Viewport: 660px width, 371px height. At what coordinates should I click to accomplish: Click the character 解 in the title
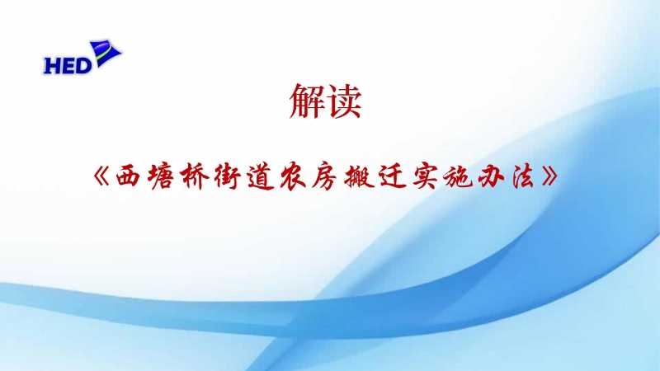click(x=307, y=101)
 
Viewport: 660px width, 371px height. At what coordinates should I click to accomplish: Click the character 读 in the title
click(x=344, y=101)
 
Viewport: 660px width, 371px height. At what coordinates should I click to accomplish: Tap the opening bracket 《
click(x=101, y=176)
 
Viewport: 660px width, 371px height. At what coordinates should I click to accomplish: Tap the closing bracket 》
click(x=550, y=176)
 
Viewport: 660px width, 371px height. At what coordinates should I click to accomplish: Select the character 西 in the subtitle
click(x=128, y=176)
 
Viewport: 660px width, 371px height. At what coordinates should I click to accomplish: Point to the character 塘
click(x=161, y=176)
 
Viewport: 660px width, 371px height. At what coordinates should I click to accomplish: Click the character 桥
click(x=194, y=176)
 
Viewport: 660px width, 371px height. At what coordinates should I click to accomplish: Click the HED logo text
click(x=68, y=66)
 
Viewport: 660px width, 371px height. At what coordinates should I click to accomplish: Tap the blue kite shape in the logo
click(x=106, y=54)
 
